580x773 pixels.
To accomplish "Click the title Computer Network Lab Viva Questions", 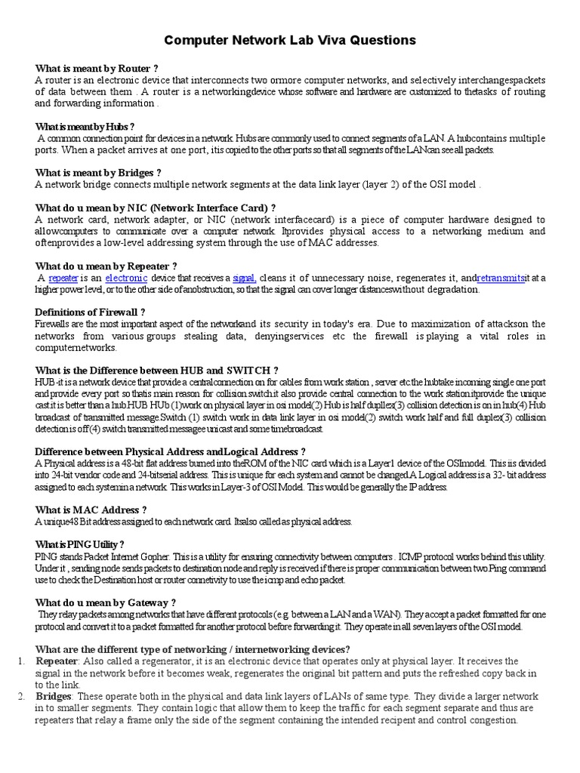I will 290,39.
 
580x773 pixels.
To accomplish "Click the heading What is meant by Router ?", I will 97,68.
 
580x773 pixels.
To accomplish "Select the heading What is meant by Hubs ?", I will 85,126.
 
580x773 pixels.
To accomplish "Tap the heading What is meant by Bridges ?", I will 98,172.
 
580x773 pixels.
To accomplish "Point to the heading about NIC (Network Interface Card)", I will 155,207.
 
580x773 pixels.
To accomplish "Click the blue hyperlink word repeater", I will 63,278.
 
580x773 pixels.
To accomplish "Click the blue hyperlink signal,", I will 245,278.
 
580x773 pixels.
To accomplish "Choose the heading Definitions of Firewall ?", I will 91,312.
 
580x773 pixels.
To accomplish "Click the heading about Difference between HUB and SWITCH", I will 157,370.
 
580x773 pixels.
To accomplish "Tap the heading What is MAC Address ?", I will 91,510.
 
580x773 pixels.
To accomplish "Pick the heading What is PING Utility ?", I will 79,544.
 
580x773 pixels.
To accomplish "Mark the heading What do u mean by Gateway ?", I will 106,602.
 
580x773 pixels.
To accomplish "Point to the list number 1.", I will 21,661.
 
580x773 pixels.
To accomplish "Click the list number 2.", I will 21,695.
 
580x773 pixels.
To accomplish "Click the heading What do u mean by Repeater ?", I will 106,266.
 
